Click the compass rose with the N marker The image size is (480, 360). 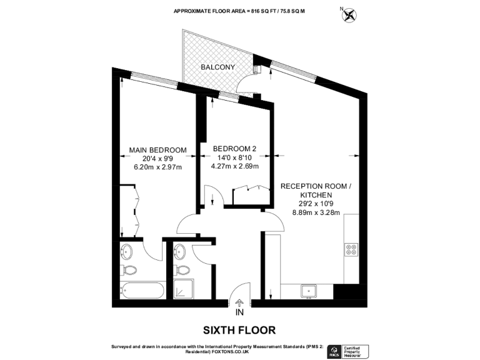coord(348,14)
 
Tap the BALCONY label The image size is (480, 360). coord(217,67)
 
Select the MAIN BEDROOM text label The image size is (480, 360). coord(157,150)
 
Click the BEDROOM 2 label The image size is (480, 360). coord(234,148)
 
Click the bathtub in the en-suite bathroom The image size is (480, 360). coord(142,291)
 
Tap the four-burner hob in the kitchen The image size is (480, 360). coord(351,250)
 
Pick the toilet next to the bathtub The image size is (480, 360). coord(130,270)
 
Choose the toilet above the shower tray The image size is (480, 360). coord(182,270)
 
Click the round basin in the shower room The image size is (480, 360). coord(180,252)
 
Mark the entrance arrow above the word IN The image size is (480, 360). coord(239,301)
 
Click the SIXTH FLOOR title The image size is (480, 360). coord(239,329)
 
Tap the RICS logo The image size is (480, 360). coord(334,351)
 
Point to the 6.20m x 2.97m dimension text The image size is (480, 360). coord(157,167)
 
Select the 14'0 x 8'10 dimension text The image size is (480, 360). coord(234,157)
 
